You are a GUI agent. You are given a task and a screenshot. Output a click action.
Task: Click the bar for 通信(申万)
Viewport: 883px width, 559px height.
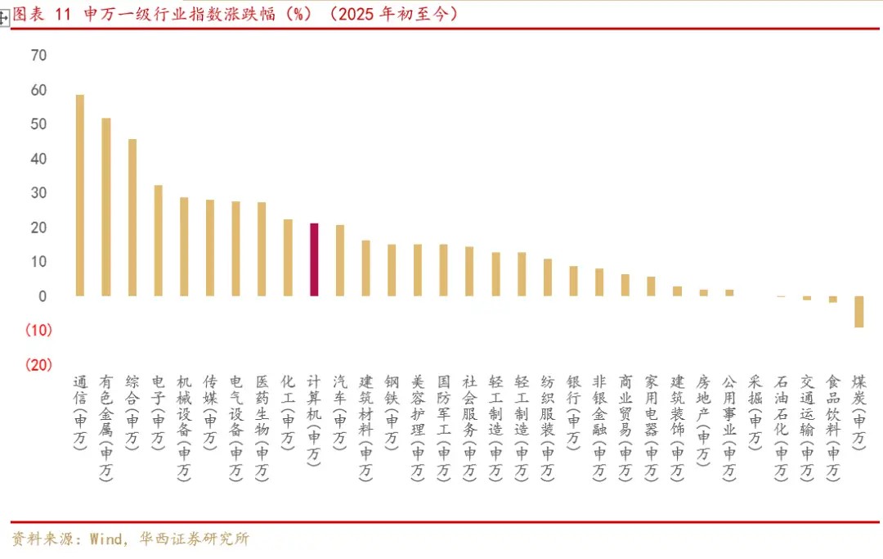[79, 196]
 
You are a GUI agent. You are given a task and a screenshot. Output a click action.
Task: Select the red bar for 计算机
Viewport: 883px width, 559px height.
[314, 259]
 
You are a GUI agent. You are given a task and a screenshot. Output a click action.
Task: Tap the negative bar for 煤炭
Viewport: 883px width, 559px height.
[859, 312]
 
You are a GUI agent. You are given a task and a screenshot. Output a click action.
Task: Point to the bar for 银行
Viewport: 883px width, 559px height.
[573, 281]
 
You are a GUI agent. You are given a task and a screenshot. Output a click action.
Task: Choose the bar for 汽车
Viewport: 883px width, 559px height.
[340, 260]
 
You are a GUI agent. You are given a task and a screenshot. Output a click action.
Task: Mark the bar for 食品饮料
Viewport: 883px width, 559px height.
[833, 300]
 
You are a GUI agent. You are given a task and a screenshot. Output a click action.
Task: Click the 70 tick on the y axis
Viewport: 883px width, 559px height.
[38, 56]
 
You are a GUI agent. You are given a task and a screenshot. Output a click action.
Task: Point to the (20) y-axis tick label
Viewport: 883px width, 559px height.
[38, 365]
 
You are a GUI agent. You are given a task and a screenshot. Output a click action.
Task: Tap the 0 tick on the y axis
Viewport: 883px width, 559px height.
[43, 296]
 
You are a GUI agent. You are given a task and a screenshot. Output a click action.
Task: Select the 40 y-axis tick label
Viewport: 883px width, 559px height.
[38, 159]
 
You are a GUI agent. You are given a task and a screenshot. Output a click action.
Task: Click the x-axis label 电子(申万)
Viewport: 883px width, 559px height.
[158, 412]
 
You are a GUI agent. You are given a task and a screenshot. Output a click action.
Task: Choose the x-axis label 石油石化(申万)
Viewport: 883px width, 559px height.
[782, 427]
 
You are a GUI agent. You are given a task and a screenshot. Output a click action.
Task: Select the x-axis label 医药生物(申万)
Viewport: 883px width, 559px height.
[262, 427]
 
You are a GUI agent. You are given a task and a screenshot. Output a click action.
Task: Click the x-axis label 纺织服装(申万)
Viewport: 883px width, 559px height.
[548, 427]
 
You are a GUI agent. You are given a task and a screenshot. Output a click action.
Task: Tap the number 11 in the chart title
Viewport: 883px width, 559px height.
[65, 14]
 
